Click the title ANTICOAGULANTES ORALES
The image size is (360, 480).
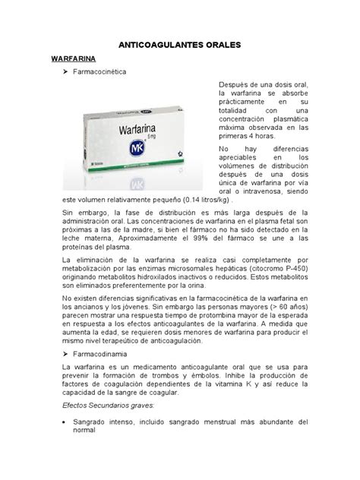180,46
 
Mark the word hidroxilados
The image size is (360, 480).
181,277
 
